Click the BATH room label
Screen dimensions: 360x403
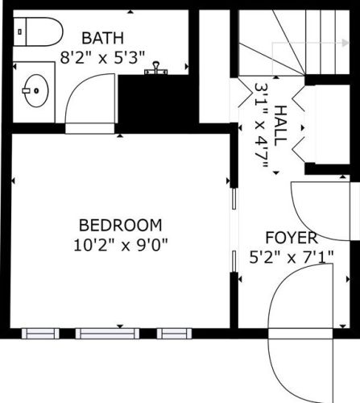pyautogui.click(x=102, y=38)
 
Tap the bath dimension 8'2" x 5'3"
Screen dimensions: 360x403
pyautogui.click(x=102, y=57)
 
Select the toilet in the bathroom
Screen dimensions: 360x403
pyautogui.click(x=38, y=31)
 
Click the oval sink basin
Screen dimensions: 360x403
pyautogui.click(x=37, y=91)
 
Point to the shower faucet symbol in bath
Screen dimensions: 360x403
pyautogui.click(x=155, y=69)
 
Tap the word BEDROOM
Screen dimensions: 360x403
pyautogui.click(x=121, y=225)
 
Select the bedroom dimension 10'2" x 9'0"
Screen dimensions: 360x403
pyautogui.click(x=121, y=245)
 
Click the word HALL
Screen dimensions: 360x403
pyautogui.click(x=280, y=126)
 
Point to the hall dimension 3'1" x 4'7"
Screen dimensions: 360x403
pyautogui.click(x=261, y=126)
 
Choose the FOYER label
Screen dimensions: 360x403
pyautogui.click(x=292, y=238)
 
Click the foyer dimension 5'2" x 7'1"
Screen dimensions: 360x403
pyautogui.click(x=292, y=257)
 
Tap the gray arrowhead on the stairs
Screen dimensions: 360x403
pyautogui.click(x=346, y=43)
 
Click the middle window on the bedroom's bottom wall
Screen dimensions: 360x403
pyautogui.click(x=107, y=334)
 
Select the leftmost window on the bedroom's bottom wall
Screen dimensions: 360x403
pyautogui.click(x=40, y=334)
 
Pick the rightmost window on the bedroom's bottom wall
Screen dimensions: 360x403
pyautogui.click(x=174, y=334)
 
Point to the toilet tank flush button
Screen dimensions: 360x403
pyautogui.click(x=19, y=31)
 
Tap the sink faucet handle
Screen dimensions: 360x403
pyautogui.click(x=26, y=91)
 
